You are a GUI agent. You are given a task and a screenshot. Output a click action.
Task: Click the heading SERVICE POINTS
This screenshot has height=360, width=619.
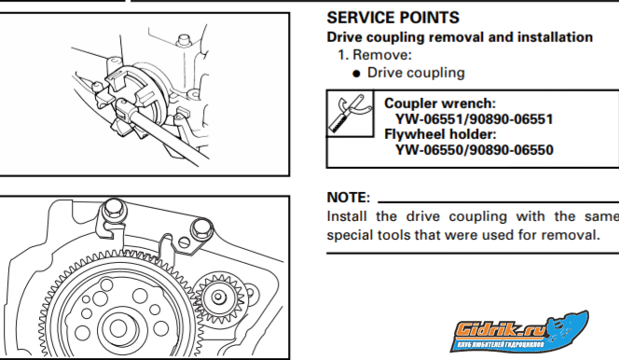pos(392,18)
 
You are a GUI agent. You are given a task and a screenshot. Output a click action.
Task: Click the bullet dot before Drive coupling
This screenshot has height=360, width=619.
pos(356,74)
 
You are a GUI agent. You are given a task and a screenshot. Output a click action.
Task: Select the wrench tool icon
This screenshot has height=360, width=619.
pos(350,114)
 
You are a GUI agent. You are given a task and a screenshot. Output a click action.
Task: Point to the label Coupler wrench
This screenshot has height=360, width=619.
pos(440,104)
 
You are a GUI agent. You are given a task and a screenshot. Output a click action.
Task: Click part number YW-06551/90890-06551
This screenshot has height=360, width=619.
pos(475,119)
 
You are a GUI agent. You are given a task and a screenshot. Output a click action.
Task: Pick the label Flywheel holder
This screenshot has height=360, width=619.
pos(440,134)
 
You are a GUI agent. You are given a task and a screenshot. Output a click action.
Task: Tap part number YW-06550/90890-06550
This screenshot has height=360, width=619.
pos(475,150)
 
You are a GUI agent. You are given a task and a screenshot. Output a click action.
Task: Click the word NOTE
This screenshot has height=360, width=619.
pos(348,198)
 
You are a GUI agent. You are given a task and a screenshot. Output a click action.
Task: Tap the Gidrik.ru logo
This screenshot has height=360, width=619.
pos(519,331)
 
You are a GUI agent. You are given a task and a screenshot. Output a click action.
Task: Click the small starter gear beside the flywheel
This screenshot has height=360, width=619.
pos(219,297)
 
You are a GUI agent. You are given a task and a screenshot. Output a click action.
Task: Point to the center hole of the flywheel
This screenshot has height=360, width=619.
pos(117,328)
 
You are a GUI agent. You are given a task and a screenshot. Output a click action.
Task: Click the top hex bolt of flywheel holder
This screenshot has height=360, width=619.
pos(114,208)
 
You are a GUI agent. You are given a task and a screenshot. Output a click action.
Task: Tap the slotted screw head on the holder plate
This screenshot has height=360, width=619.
pos(184,242)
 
